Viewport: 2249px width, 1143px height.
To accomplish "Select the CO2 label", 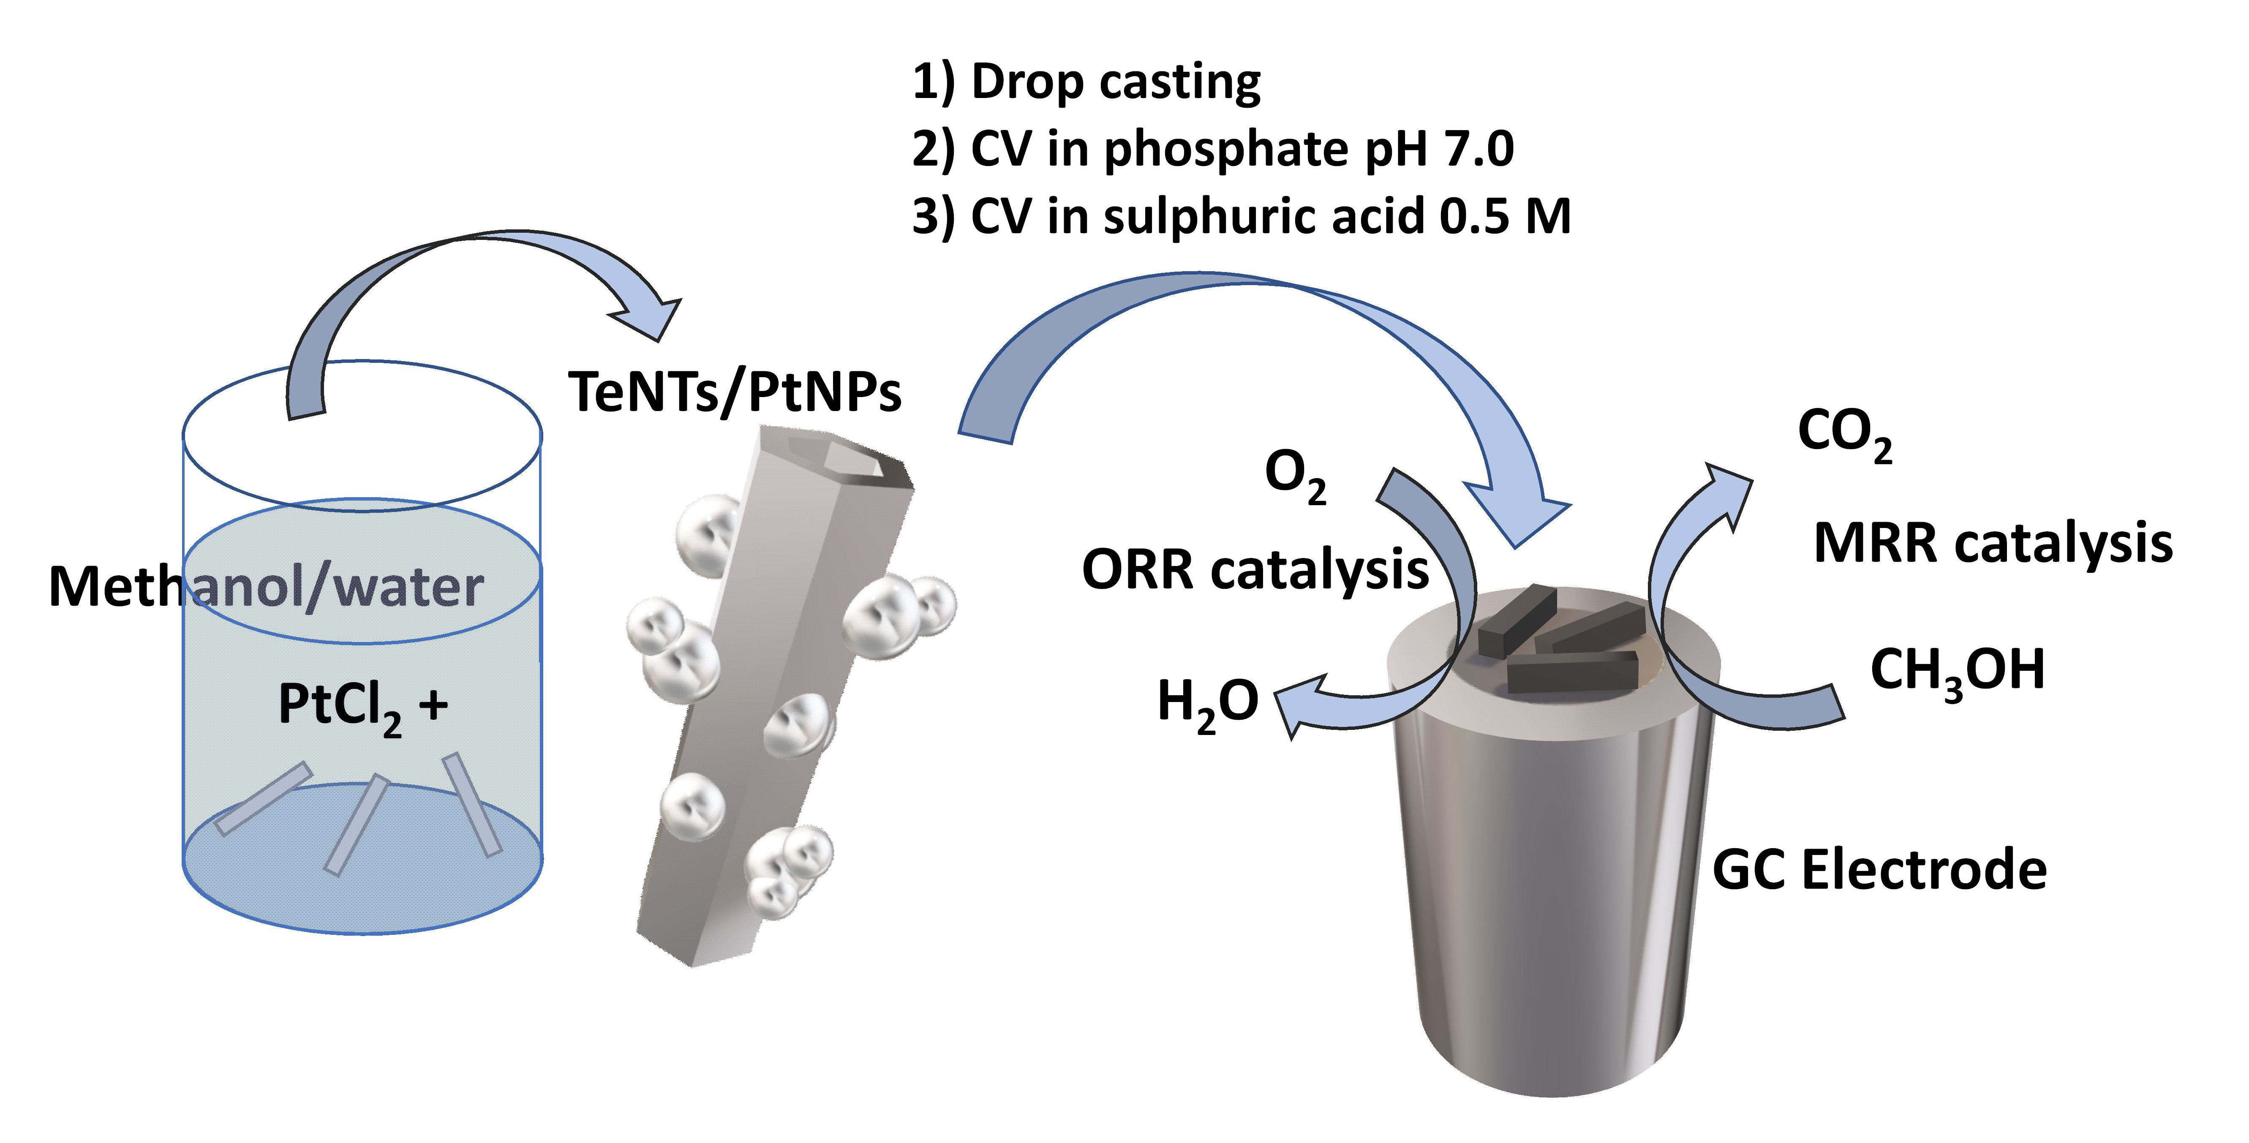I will pyautogui.click(x=1844, y=434).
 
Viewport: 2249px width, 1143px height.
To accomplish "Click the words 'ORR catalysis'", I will pyautogui.click(x=1255, y=570).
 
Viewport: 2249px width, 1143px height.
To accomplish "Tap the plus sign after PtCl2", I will pyautogui.click(x=434, y=704).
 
